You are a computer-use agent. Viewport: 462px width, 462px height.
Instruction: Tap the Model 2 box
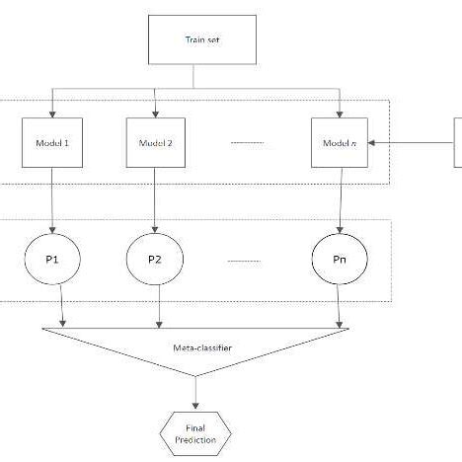(x=156, y=143)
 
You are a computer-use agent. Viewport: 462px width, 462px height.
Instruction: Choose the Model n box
(x=340, y=143)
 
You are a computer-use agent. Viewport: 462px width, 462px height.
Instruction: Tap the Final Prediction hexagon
(x=197, y=432)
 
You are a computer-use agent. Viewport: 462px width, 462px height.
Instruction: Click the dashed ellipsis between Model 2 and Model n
(x=248, y=143)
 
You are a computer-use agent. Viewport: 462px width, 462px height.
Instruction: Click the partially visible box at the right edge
(x=457, y=143)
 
